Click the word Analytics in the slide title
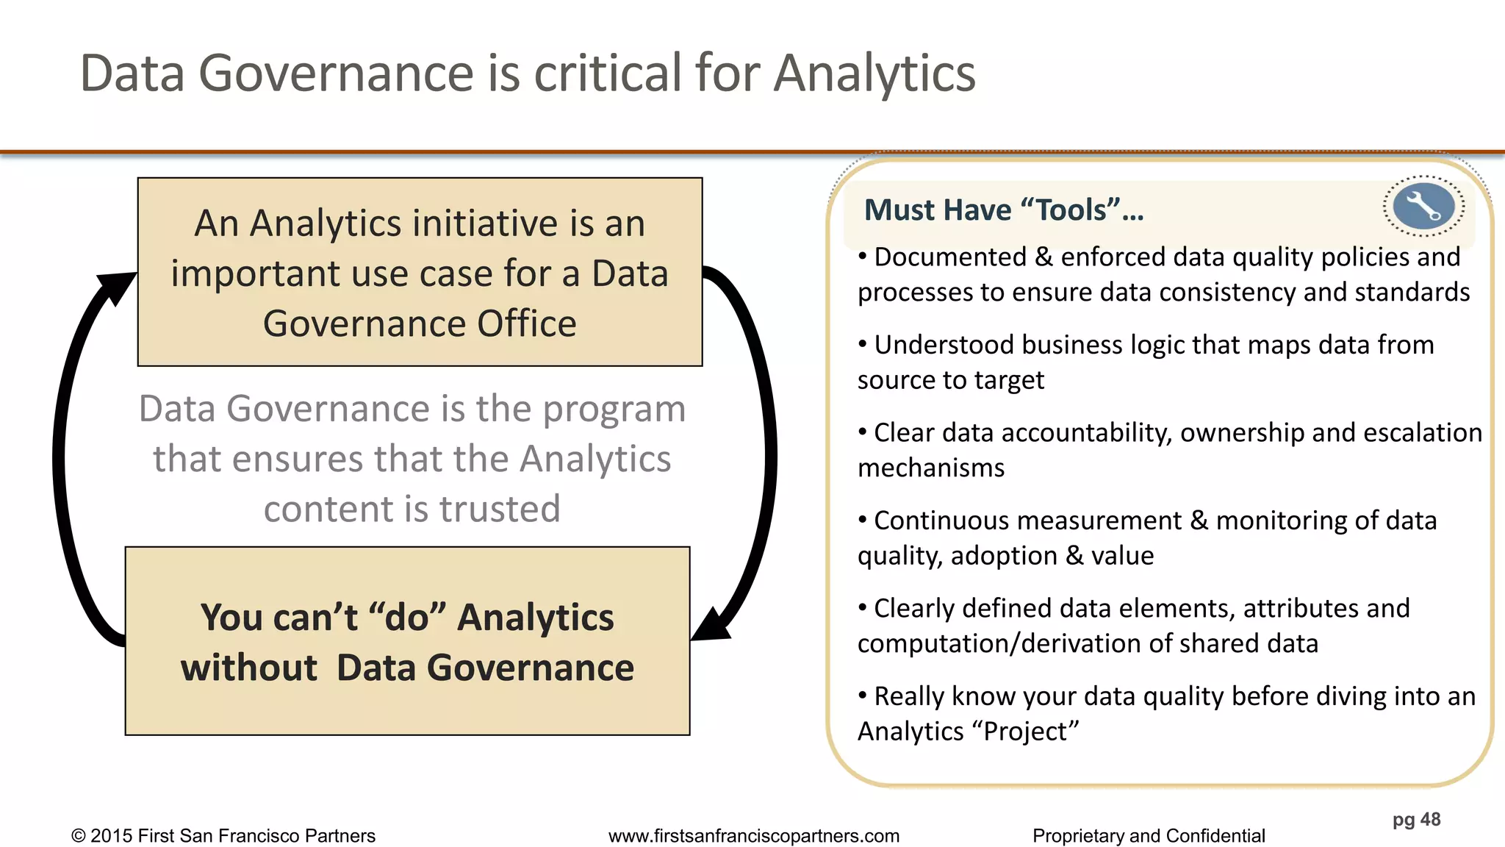(x=874, y=74)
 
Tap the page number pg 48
(x=1416, y=819)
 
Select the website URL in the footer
(x=753, y=836)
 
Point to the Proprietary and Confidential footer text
(x=1148, y=836)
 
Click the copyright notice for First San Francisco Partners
(x=223, y=836)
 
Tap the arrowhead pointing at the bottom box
(x=711, y=625)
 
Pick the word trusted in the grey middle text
(x=500, y=509)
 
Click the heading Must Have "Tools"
(x=1003, y=210)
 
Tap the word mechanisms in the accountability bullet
(x=930, y=468)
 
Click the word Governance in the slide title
(x=337, y=74)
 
